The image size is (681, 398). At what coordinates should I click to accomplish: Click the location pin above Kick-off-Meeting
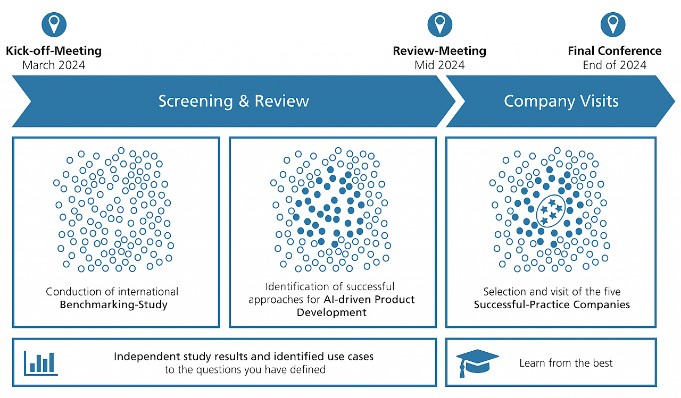(x=54, y=25)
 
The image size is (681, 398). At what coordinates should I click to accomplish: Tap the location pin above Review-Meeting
(x=439, y=25)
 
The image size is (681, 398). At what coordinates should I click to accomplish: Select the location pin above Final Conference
(x=613, y=25)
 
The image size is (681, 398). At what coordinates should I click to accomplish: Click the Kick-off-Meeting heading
(x=54, y=51)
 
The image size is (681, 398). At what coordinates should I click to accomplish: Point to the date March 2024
(x=54, y=65)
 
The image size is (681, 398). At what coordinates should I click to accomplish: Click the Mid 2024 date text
(x=439, y=65)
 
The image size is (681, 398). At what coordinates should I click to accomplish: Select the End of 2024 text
(x=614, y=65)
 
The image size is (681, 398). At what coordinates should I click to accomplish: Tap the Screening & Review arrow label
(x=234, y=101)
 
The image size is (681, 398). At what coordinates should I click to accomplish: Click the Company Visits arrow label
(x=561, y=101)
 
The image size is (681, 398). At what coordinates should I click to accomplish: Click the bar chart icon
(x=41, y=362)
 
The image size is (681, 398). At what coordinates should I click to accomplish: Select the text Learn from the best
(x=566, y=363)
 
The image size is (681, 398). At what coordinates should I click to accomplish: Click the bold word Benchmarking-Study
(x=113, y=304)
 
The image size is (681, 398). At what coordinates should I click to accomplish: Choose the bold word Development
(x=331, y=312)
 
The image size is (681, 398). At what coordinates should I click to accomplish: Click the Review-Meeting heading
(x=439, y=51)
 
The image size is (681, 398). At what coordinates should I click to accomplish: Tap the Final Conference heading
(x=614, y=51)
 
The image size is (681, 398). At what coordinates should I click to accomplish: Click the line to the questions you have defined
(x=245, y=369)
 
